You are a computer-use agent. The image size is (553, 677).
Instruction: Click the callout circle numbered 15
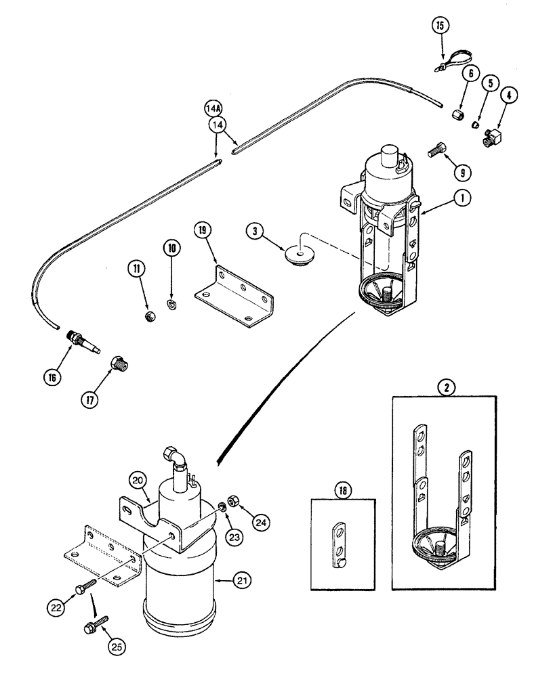[x=441, y=26]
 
